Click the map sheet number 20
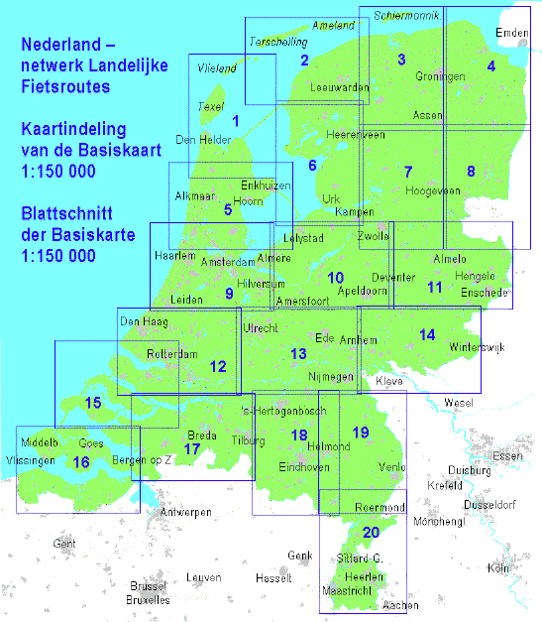[x=371, y=533]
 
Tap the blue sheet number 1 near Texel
[x=235, y=121]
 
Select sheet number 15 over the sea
[x=93, y=403]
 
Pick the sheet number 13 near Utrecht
[x=298, y=354]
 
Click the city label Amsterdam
[x=228, y=262]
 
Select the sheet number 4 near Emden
[x=490, y=66]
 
